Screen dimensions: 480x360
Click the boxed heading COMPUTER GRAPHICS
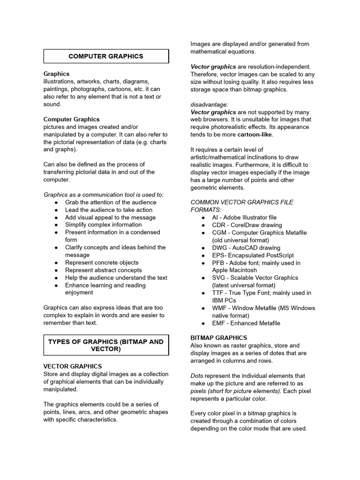[106, 56]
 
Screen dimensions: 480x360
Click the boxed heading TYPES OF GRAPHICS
[106, 345]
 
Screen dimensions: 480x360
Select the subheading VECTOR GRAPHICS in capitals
[73, 366]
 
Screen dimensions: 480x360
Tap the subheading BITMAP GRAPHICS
[218, 337]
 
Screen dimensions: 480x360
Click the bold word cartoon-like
[255, 135]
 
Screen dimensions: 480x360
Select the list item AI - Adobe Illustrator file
[244, 217]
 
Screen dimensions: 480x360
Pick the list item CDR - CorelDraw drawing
[247, 225]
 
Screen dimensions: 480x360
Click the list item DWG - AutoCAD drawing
[246, 247]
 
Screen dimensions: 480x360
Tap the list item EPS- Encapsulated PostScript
[253, 255]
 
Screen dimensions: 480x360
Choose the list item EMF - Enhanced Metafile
[246, 323]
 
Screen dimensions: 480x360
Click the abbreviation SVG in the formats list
[218, 278]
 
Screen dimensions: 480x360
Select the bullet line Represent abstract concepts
[104, 270]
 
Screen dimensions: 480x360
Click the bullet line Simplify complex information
[104, 225]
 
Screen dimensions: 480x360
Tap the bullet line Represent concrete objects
[102, 262]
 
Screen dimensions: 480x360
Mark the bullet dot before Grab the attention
[56, 202]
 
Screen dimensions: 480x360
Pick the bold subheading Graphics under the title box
[56, 74]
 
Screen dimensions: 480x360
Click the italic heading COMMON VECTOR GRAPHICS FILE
[242, 202]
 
